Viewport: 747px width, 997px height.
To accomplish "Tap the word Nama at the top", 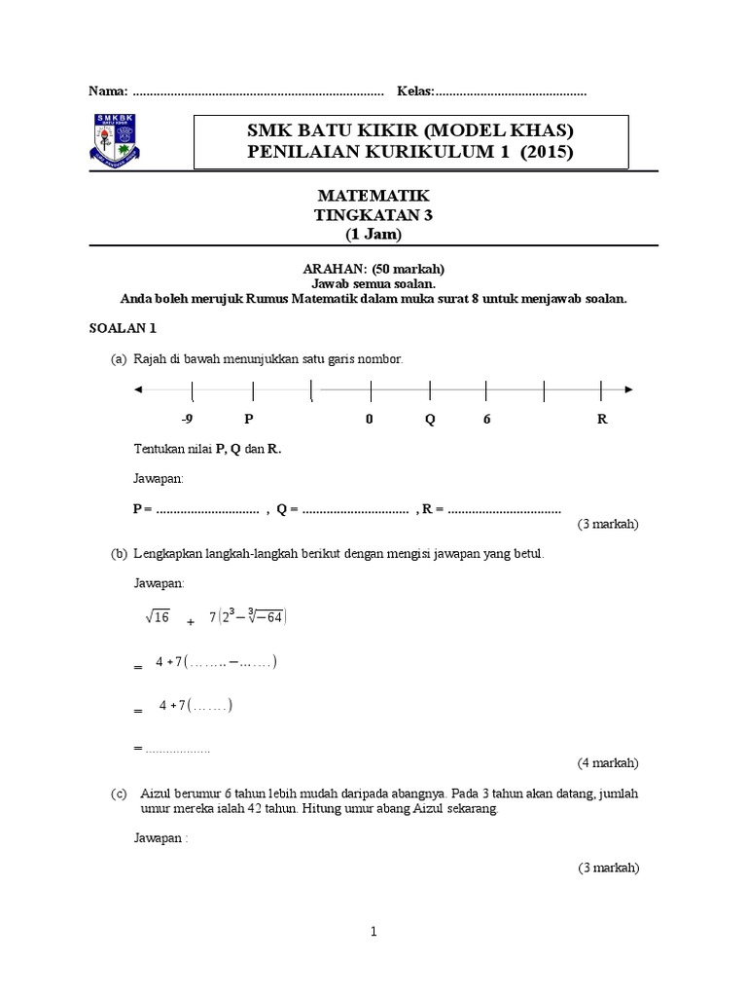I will [x=107, y=92].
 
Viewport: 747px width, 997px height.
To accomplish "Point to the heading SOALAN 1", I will [x=116, y=329].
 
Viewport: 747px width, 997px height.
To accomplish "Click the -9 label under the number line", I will [x=188, y=419].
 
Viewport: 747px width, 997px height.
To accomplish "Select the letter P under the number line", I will [x=249, y=419].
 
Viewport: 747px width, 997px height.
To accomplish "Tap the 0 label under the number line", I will [x=370, y=419].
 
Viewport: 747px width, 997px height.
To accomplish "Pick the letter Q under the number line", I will [x=430, y=419].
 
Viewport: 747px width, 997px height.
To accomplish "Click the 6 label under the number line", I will [x=486, y=419].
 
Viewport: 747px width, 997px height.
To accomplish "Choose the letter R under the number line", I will [x=602, y=419].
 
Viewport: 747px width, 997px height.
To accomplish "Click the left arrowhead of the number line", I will [x=138, y=389].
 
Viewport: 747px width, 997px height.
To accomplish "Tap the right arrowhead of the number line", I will [x=629, y=389].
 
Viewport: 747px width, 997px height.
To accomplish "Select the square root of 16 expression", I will [x=158, y=616].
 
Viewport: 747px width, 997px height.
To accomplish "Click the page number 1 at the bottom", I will [x=373, y=932].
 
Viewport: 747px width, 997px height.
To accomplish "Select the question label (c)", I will [x=119, y=794].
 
